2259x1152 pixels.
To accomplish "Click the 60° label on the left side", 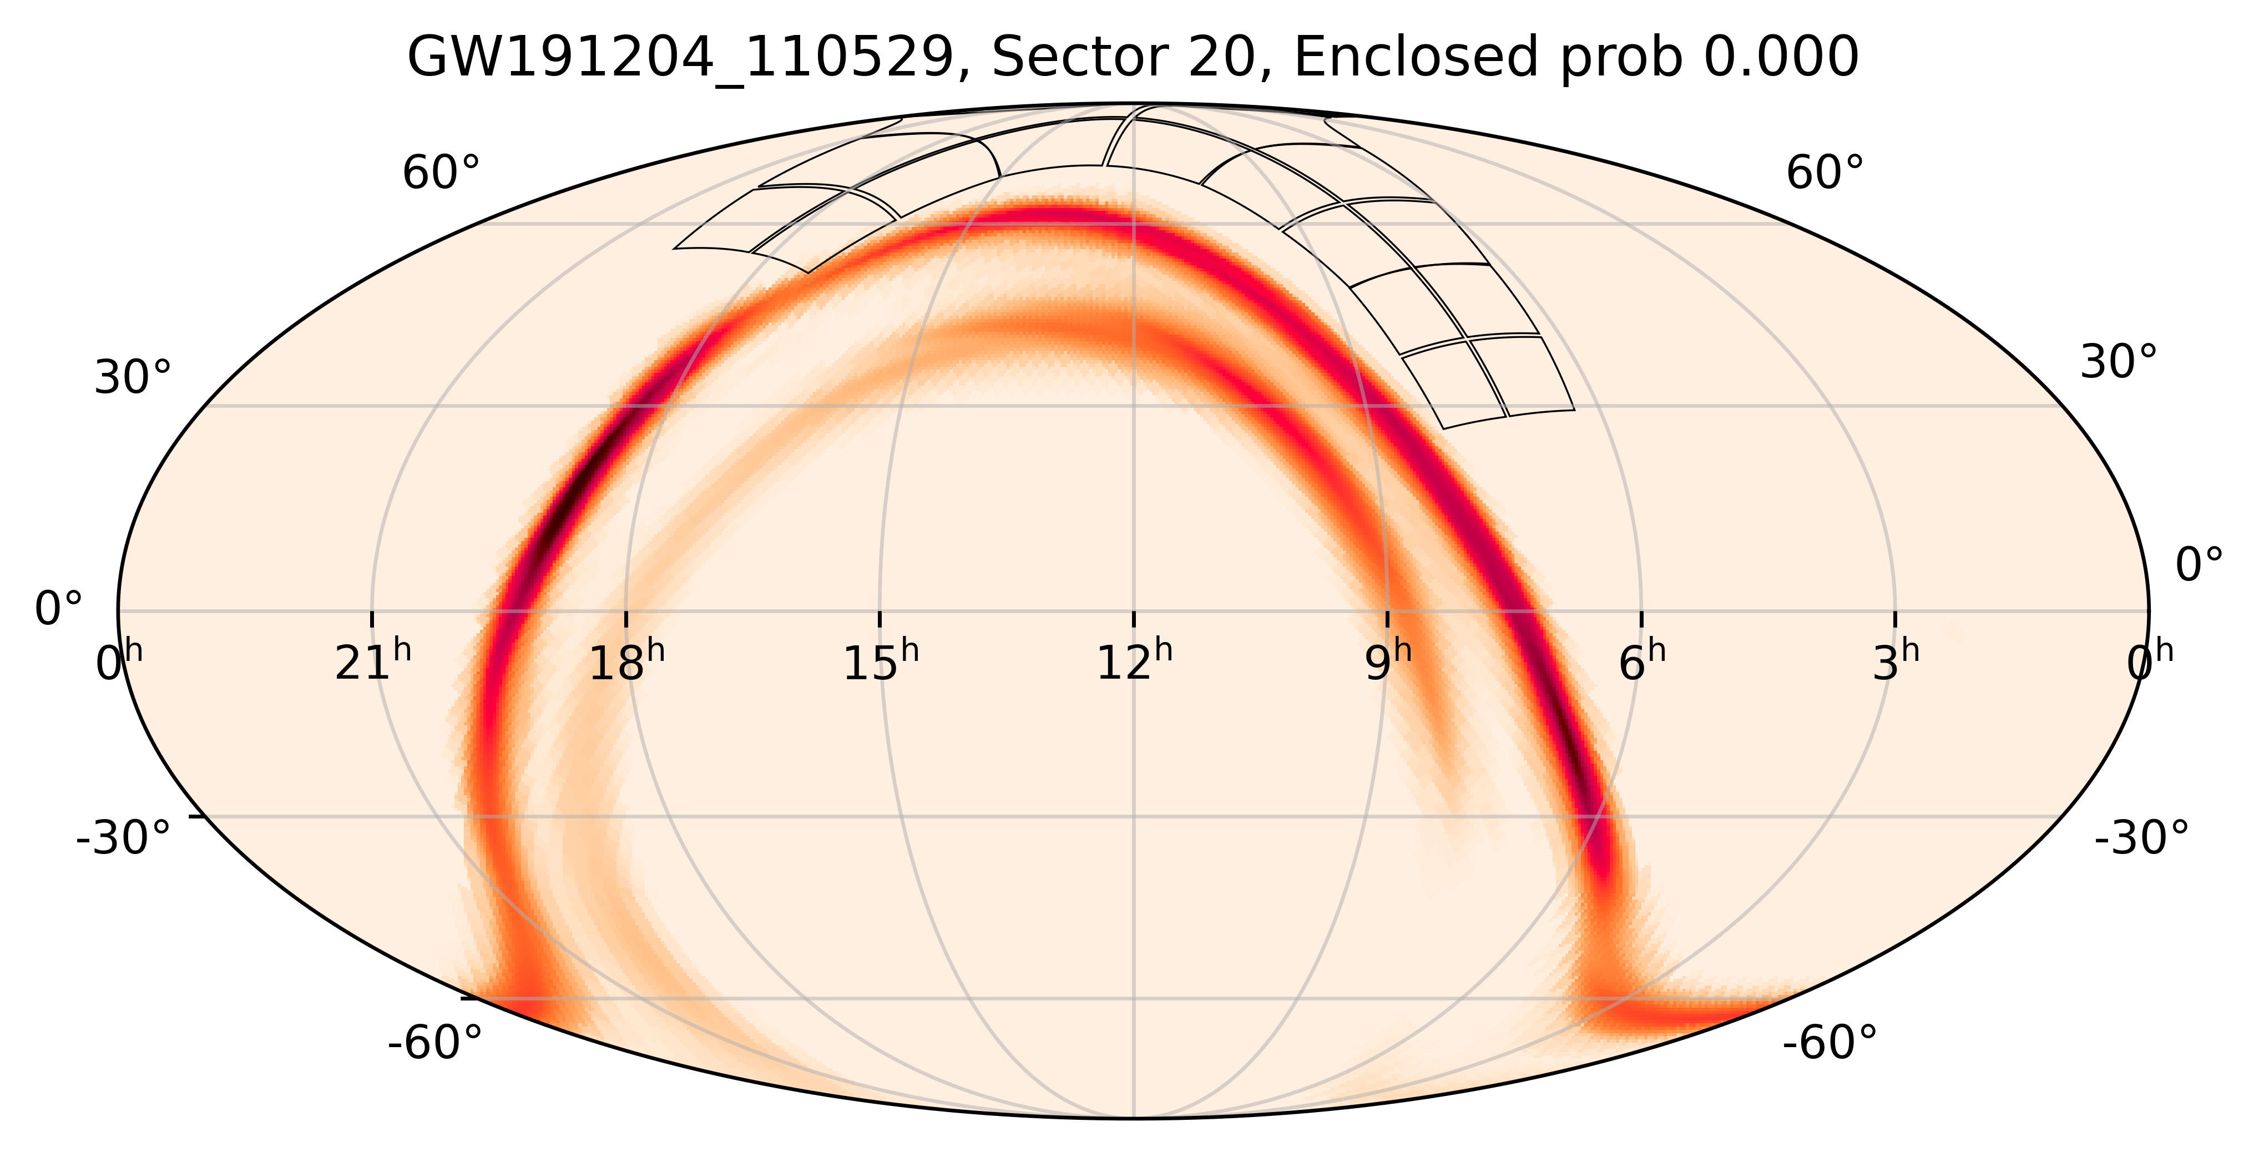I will pyautogui.click(x=441, y=173).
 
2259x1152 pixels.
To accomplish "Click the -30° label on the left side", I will pyautogui.click(x=123, y=837).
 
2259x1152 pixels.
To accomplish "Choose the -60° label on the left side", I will pyautogui.click(x=435, y=1043).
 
